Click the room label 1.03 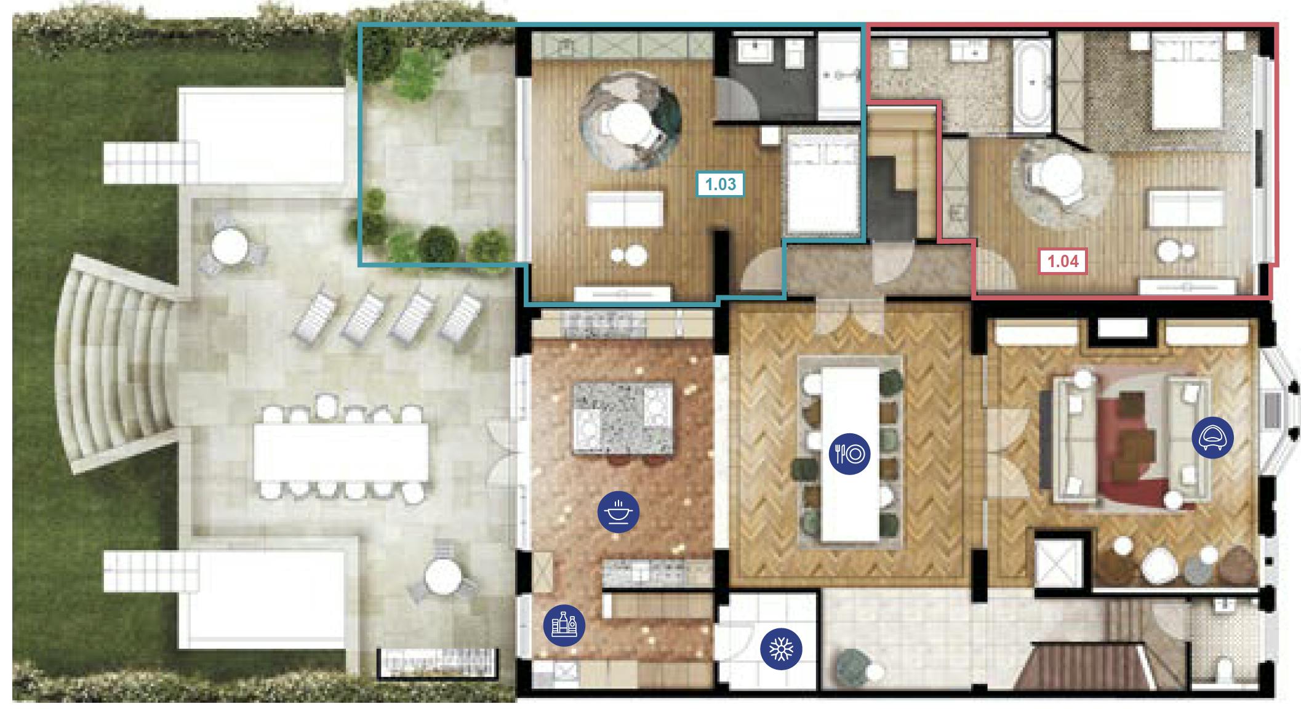(720, 184)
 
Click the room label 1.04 (1063, 262)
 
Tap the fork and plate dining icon (849, 454)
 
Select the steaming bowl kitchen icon (618, 512)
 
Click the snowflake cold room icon (782, 649)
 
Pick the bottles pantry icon (564, 625)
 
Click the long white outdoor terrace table (342, 452)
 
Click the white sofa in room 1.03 (626, 209)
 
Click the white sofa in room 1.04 (1187, 207)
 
